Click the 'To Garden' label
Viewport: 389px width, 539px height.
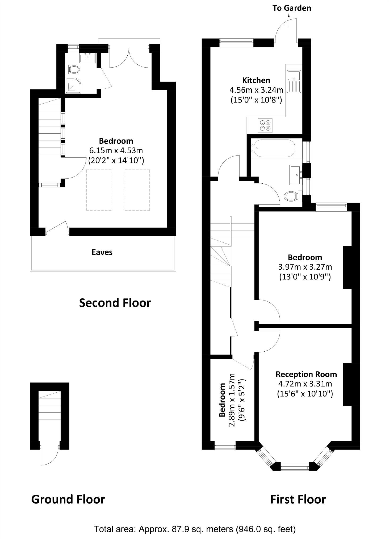click(x=292, y=8)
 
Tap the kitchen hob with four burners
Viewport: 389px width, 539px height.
click(x=265, y=125)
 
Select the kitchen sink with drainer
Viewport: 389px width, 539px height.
click(x=294, y=81)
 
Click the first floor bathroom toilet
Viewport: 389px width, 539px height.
click(x=291, y=197)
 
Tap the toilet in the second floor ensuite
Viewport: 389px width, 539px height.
click(x=74, y=70)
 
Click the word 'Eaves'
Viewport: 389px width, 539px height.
click(x=102, y=252)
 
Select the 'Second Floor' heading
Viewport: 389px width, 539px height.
click(x=115, y=303)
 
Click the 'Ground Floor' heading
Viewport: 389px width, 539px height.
click(x=68, y=500)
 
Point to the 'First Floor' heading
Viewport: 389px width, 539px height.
click(x=298, y=500)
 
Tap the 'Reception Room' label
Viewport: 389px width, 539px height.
click(x=306, y=374)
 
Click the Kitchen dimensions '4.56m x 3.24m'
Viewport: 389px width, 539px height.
click(x=256, y=90)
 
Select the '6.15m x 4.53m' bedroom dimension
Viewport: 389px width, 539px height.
click(x=116, y=151)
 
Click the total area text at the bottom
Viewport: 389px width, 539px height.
click(x=194, y=529)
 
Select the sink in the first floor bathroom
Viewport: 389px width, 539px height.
click(x=295, y=175)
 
